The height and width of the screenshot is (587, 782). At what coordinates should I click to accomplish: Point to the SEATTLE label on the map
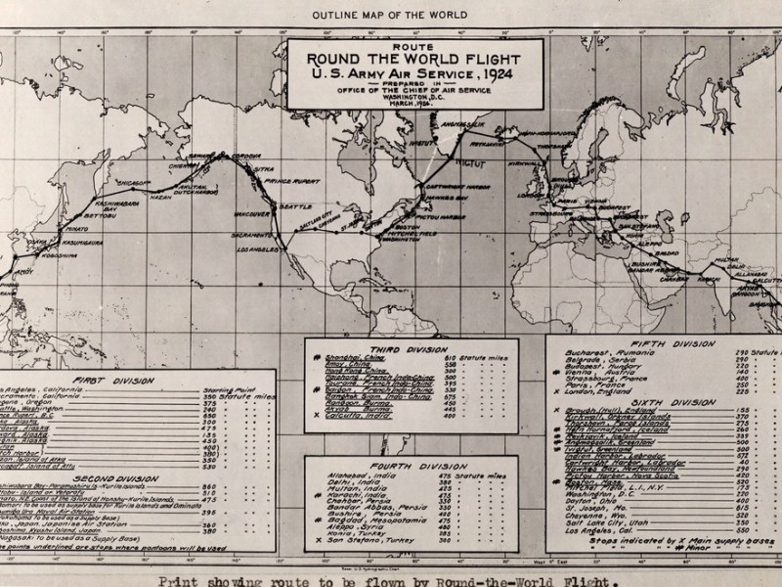294,207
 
